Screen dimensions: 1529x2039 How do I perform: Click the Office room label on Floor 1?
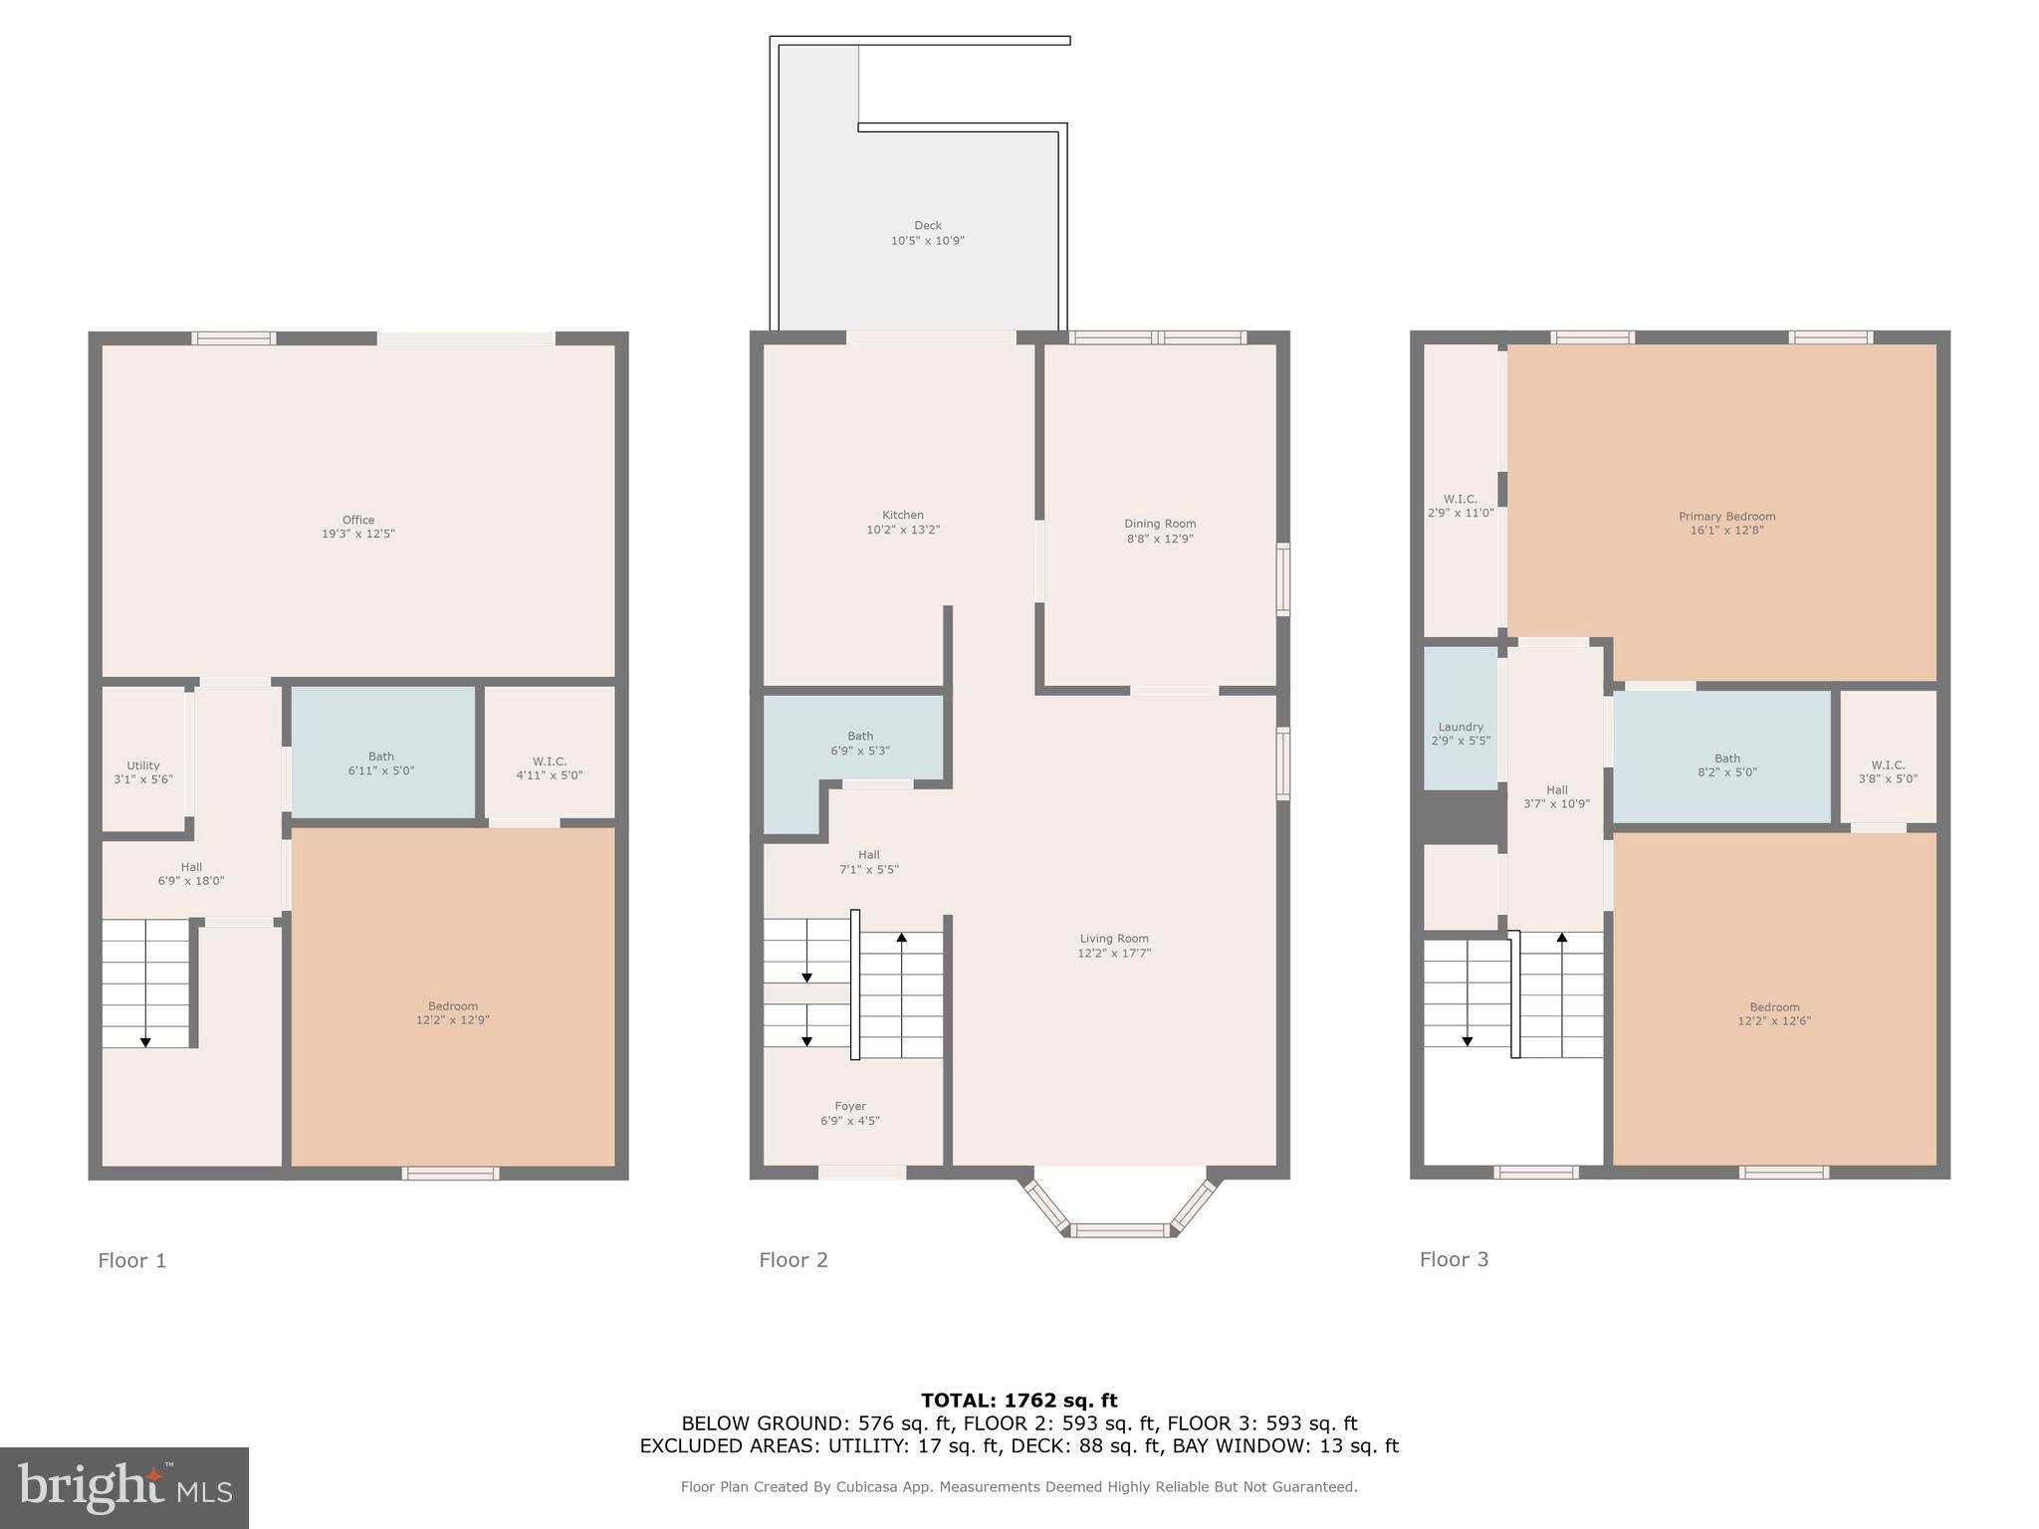[x=358, y=520]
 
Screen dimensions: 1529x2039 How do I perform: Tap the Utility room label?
[x=143, y=765]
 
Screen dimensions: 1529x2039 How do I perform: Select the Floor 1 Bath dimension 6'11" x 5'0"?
[x=381, y=770]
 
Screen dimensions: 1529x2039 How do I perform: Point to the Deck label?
[x=927, y=226]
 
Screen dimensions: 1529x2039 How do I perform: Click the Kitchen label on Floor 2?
[x=902, y=516]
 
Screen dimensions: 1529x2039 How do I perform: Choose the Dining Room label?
[x=1160, y=524]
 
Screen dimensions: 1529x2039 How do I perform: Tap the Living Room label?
[x=1114, y=939]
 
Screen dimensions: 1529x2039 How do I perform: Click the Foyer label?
[x=850, y=1106]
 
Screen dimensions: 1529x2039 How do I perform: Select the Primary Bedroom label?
[x=1726, y=517]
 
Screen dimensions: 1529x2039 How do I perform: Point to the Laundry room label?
[x=1461, y=727]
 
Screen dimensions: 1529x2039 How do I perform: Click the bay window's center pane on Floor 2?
[x=1121, y=1230]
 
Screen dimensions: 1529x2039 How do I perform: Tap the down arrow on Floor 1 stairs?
[x=145, y=1041]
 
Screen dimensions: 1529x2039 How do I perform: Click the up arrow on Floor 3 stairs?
[x=1561, y=938]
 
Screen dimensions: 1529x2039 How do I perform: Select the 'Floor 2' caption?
[x=793, y=1260]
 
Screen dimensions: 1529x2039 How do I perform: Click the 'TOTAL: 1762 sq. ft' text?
[x=1019, y=1401]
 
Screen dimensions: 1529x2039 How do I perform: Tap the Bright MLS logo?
[x=124, y=1487]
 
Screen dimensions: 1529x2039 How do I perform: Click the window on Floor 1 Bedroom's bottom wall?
[x=450, y=1173]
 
